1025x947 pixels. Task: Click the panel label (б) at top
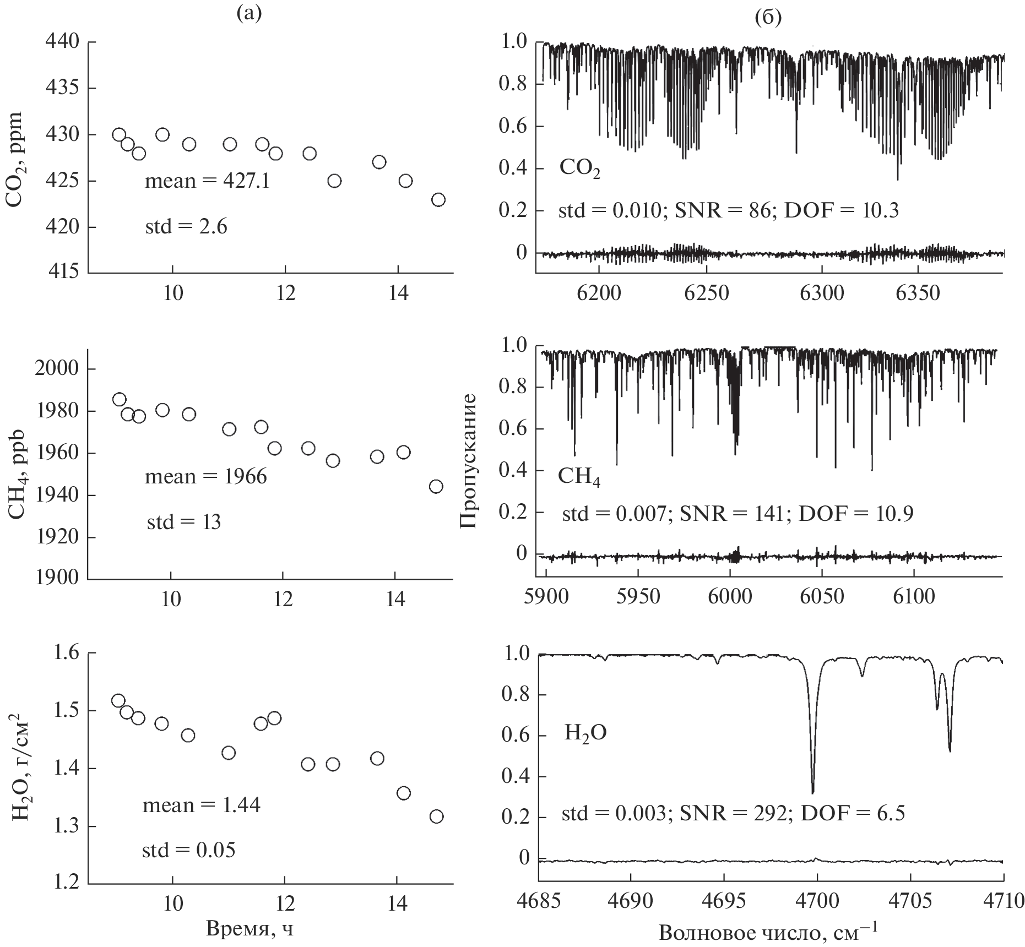(767, 18)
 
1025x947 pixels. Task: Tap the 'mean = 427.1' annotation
(207, 181)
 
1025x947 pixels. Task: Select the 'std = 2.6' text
(186, 227)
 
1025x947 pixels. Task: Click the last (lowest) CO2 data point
(438, 199)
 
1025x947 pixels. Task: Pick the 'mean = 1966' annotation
(205, 476)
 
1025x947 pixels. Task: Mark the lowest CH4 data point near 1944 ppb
(436, 487)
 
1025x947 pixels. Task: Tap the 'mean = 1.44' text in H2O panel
(202, 806)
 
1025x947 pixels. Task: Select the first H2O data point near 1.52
(118, 700)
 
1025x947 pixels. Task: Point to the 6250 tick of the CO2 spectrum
(706, 293)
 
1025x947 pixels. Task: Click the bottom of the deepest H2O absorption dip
(812, 792)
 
